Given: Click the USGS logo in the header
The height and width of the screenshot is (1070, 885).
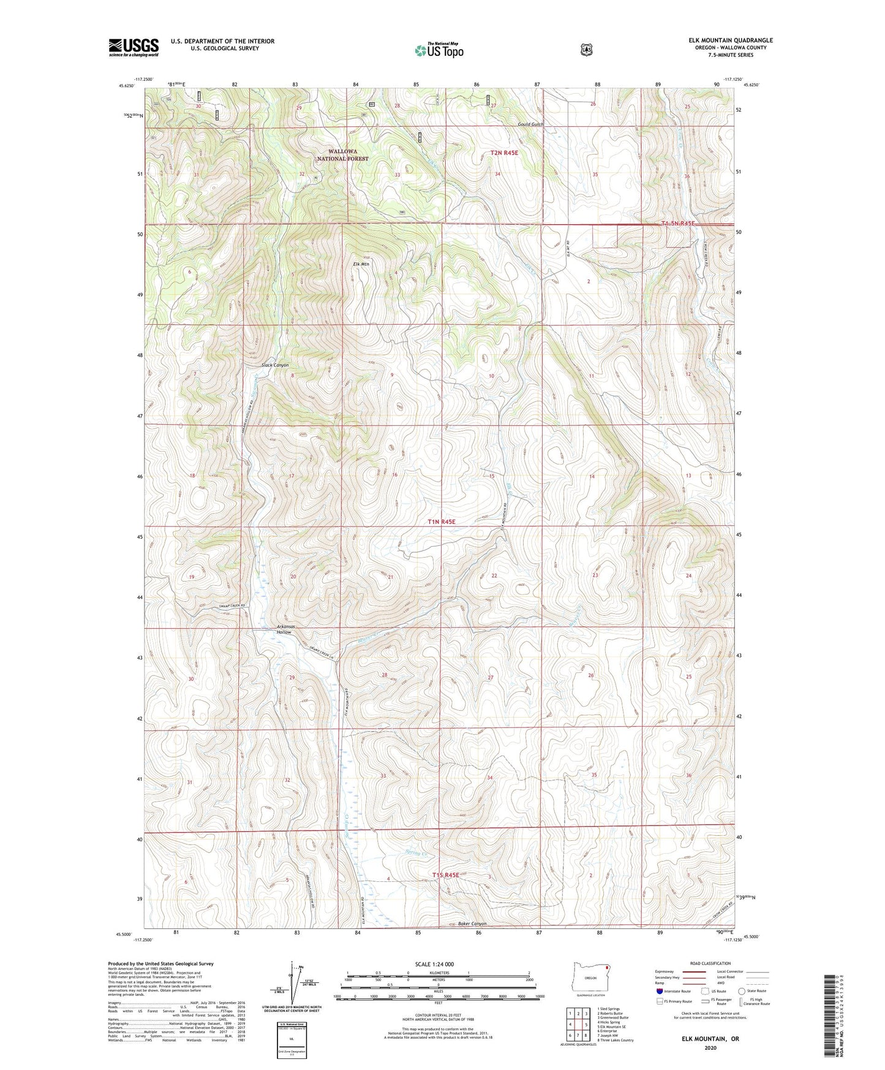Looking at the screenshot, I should [134, 47].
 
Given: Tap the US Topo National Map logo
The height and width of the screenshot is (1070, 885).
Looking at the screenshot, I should [439, 50].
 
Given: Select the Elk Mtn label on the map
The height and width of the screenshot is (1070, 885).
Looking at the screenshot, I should [362, 264].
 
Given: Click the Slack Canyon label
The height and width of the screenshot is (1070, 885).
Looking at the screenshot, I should [275, 365].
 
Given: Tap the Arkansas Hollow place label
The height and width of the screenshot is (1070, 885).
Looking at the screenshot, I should [285, 629].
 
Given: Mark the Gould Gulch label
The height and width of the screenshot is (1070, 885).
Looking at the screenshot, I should [530, 124].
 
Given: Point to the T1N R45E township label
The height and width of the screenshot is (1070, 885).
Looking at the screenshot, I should [441, 522].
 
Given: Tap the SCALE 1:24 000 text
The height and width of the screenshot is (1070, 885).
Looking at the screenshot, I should [434, 964].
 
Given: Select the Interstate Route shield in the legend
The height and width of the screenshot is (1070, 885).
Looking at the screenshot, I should [659, 991].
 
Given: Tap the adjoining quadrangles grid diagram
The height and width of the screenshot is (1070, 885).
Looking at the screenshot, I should [577, 1024].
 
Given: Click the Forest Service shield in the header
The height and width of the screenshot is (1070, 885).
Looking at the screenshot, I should [586, 49].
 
